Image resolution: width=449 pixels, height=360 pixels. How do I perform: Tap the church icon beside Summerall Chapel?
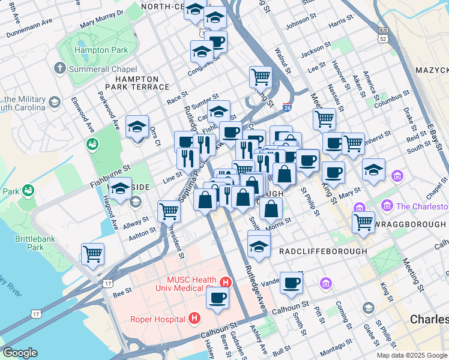click(59, 68)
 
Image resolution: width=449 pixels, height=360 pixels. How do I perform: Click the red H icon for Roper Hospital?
click(194, 318)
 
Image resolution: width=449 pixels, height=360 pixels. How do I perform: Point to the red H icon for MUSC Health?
click(226, 282)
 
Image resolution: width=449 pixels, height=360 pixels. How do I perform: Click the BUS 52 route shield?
click(383, 35)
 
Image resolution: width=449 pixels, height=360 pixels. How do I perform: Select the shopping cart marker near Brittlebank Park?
click(93, 253)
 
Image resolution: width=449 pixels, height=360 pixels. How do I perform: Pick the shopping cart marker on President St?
click(169, 211)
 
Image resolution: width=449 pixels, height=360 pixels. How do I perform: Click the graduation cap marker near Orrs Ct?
click(137, 126)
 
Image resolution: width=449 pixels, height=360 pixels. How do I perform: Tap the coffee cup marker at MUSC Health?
click(217, 297)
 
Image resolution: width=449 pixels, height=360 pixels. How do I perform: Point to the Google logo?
click(20, 353)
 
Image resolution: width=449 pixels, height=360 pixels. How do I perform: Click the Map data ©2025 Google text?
click(412, 355)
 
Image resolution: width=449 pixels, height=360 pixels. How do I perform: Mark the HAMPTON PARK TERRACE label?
click(142, 83)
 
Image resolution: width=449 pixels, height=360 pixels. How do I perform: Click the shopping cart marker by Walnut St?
click(261, 76)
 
